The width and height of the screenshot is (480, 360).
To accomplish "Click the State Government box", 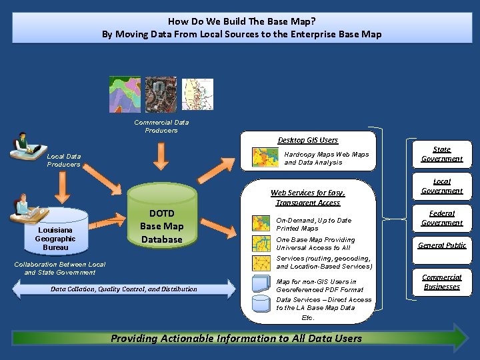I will (x=441, y=154).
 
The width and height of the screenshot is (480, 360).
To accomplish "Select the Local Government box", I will (x=441, y=186).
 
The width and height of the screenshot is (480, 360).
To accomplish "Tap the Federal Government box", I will (x=441, y=218).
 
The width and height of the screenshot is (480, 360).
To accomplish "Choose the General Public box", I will (x=441, y=245).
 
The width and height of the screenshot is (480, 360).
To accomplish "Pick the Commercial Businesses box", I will (x=441, y=281).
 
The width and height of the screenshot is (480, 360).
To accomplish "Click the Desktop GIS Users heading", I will (x=307, y=140).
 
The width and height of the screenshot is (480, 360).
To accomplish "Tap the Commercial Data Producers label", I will (x=161, y=126).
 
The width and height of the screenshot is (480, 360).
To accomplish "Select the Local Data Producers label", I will (x=63, y=160).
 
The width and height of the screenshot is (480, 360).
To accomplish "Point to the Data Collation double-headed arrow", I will (x=124, y=289).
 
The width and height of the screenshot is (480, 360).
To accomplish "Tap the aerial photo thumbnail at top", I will (x=161, y=94).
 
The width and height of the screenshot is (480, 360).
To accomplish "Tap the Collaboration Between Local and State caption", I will (x=60, y=268).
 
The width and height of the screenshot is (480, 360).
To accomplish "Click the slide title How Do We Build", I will (x=241, y=27).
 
